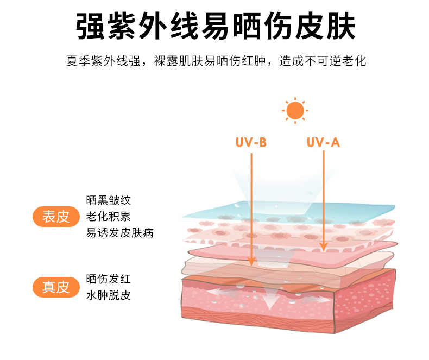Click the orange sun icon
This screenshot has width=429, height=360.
coord(295,111)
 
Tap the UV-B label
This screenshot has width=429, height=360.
coord(251,142)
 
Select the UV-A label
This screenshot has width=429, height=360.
coord(323,142)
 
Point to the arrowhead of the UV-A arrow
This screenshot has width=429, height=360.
coord(324,247)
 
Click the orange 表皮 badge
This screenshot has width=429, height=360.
coord(56,217)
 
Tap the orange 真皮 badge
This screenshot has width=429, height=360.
coord(56,287)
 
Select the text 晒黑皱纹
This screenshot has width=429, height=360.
coord(109,200)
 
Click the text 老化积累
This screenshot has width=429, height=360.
coord(109,217)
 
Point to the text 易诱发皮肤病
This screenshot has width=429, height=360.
coord(120,233)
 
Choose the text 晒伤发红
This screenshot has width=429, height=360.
coord(109,279)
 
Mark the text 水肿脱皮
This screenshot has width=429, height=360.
coord(109,295)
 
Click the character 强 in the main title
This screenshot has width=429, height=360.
coord(90,26)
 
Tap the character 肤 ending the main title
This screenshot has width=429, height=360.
coord(340,26)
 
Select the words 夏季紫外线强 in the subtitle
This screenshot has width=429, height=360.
coord(103,61)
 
